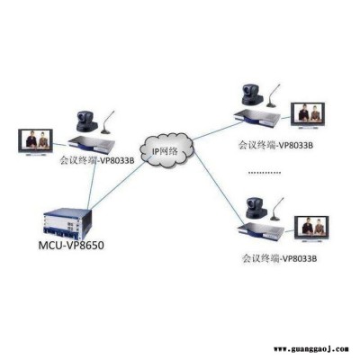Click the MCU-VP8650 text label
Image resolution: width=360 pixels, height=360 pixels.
tap(71, 246)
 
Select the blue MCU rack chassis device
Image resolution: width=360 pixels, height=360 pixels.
tap(67, 222)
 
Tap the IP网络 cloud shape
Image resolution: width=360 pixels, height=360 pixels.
tap(166, 149)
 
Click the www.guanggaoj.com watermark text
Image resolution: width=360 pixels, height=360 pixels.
tap(311, 349)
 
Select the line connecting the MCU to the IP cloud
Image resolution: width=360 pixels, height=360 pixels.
tap(118, 184)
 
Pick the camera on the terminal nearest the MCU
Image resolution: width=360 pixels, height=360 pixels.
tap(86, 121)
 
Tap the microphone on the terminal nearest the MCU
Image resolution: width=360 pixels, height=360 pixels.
tap(107, 122)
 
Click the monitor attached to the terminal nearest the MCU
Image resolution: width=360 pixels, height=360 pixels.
tap(36, 142)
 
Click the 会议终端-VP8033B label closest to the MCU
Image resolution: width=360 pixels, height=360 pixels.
tap(97, 160)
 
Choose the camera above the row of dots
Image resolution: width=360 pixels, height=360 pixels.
tap(252, 94)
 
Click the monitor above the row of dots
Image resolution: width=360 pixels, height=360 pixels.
tap(308, 116)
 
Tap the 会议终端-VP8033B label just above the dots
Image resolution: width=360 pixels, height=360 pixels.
tap(276, 145)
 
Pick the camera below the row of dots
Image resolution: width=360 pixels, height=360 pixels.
tap(256, 208)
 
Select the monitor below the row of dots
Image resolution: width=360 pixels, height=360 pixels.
tap(311, 229)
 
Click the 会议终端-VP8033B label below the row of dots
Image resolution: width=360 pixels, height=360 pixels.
tap(280, 258)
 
